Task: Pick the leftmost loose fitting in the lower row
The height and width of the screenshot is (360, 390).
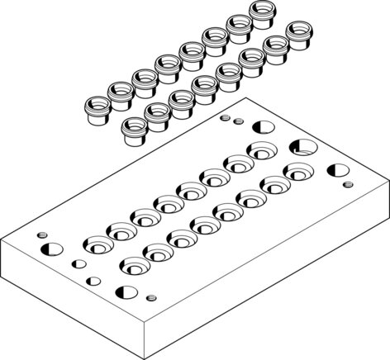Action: (x=133, y=126)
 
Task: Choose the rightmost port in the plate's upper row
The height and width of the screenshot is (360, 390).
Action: (x=264, y=151)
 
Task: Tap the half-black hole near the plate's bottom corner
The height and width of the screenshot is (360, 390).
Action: (x=126, y=291)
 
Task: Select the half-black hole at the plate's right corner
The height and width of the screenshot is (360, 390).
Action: (x=336, y=173)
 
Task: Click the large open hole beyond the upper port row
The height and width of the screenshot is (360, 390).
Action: (x=302, y=148)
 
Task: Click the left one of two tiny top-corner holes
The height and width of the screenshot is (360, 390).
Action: (x=225, y=118)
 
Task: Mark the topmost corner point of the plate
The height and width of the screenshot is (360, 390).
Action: (x=247, y=98)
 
